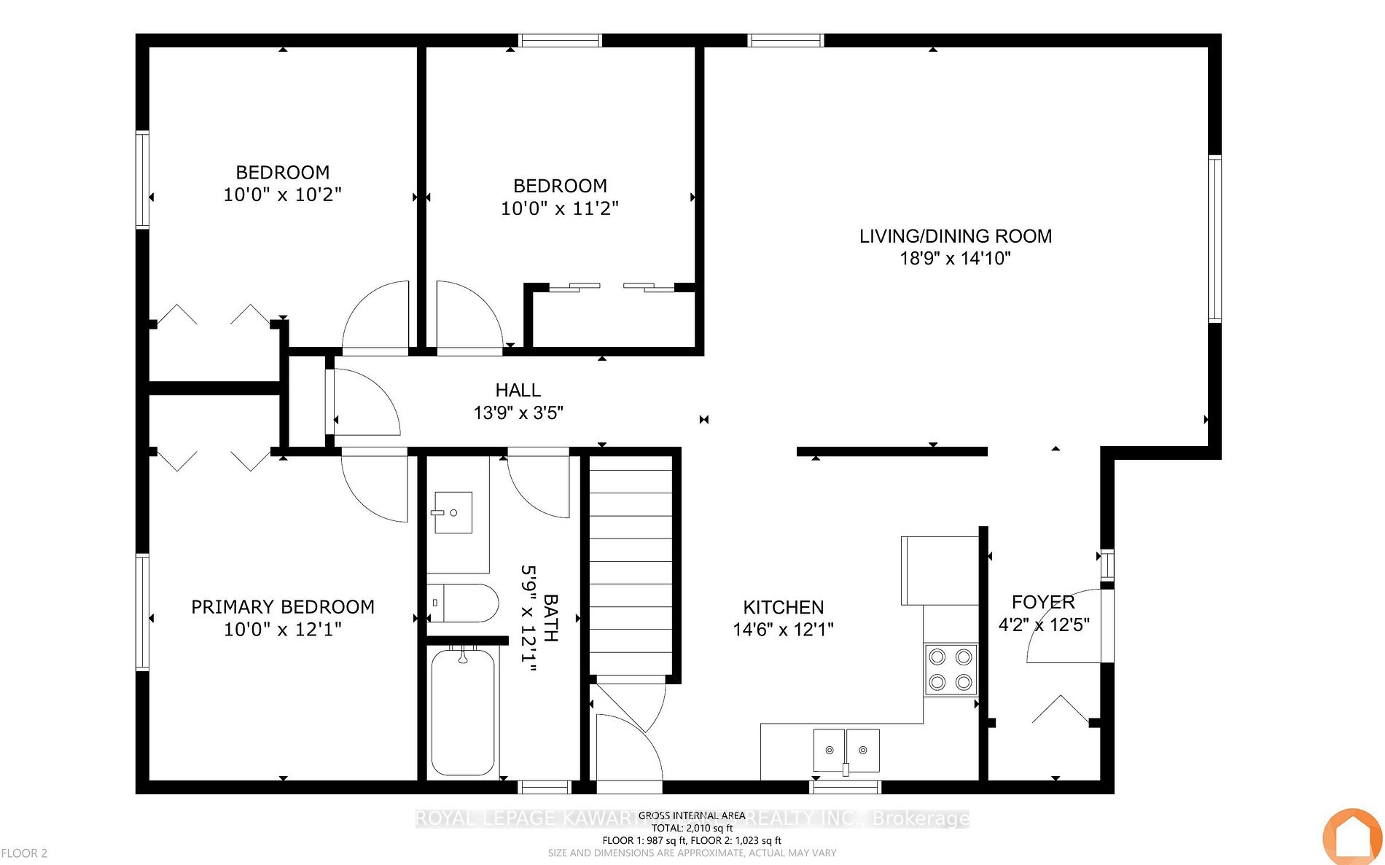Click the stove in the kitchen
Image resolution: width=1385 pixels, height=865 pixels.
click(x=951, y=670)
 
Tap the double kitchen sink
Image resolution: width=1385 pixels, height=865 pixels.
click(x=846, y=750)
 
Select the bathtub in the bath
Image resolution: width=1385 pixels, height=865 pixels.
click(x=463, y=712)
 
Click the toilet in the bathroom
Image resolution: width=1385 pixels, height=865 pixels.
click(x=463, y=603)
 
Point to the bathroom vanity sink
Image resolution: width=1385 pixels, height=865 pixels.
click(x=453, y=512)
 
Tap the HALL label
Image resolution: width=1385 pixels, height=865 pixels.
click(x=518, y=391)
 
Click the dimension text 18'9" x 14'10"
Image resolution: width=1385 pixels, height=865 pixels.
click(x=955, y=258)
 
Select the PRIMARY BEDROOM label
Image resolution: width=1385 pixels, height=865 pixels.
click(x=283, y=607)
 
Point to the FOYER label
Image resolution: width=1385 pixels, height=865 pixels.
click(x=1043, y=602)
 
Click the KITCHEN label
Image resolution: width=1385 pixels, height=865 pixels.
click(x=784, y=607)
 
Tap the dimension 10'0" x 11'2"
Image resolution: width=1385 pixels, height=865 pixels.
click(x=559, y=208)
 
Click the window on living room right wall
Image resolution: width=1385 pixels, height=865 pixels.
click(x=1214, y=239)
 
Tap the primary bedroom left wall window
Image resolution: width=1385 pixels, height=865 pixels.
click(x=143, y=611)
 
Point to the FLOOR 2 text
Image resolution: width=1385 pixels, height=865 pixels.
click(x=24, y=853)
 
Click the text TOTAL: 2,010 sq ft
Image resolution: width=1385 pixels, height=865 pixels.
click(x=692, y=828)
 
